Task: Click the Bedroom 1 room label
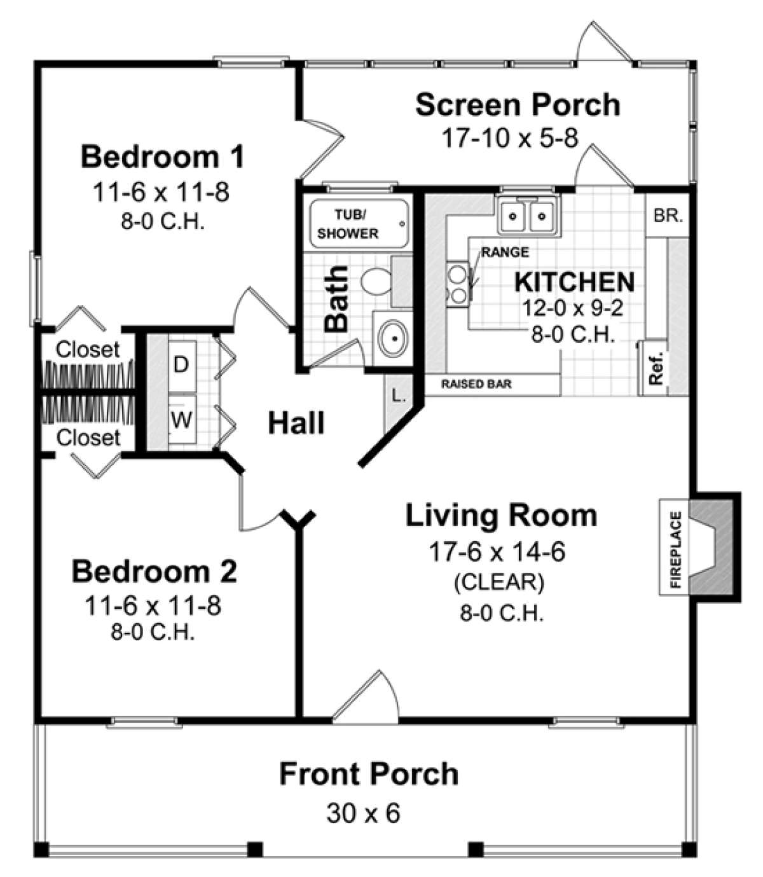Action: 162,157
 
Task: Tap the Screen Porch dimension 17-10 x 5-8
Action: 510,137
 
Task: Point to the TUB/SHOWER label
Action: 348,224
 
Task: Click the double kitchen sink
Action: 526,216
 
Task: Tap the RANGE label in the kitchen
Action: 505,252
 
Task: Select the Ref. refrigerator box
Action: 656,368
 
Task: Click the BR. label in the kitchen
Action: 668,216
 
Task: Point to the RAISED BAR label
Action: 476,384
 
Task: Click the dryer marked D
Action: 181,365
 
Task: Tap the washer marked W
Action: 181,420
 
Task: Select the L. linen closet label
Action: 399,396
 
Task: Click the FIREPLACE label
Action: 675,549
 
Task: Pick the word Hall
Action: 296,423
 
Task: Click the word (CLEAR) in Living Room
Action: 498,582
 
